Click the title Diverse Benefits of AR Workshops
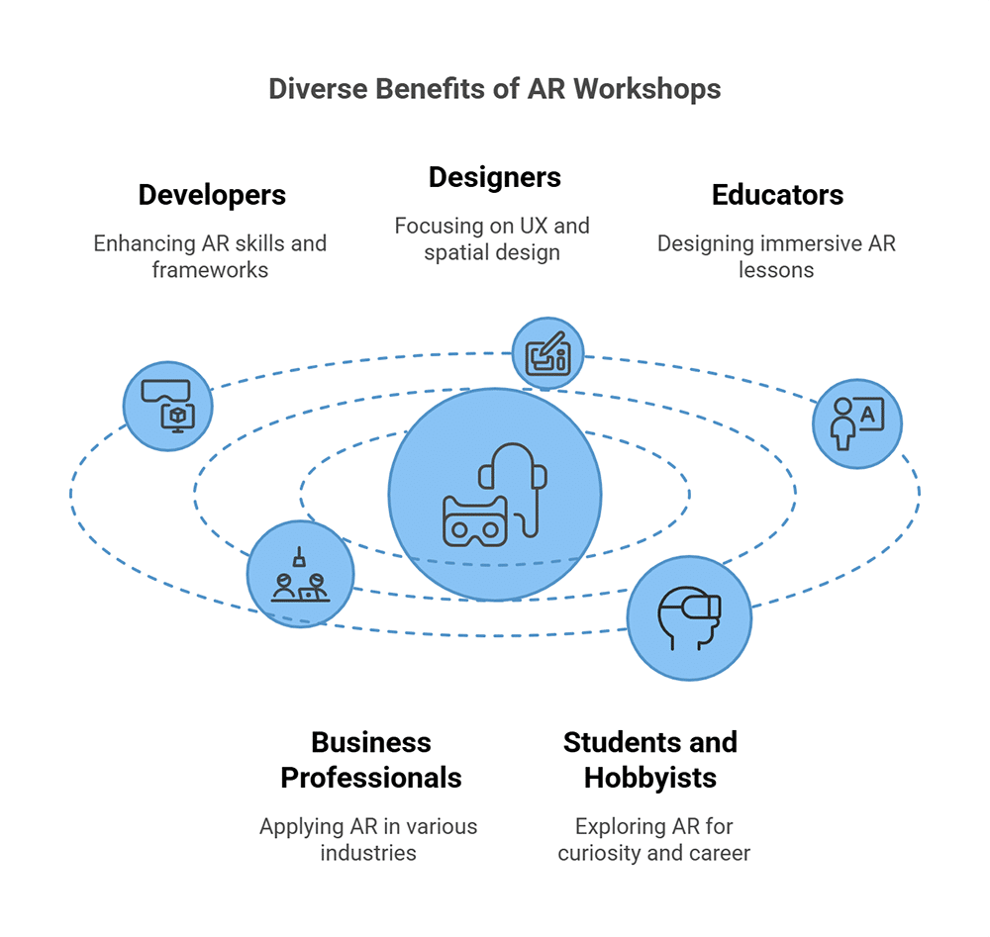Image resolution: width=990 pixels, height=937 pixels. click(494, 89)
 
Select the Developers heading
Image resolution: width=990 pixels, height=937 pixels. click(212, 195)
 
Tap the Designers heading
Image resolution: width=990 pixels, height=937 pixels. click(494, 177)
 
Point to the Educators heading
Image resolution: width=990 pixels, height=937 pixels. click(777, 195)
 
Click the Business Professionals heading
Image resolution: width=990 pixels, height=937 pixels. click(370, 760)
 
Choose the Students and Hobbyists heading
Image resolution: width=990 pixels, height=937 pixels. click(649, 760)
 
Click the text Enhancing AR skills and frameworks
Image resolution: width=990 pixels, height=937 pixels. click(210, 255)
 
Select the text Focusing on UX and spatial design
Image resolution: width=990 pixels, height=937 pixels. click(492, 238)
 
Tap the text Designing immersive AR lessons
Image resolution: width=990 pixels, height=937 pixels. click(776, 255)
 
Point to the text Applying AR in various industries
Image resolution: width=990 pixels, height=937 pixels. click(368, 838)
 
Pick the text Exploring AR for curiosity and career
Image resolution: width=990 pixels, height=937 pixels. click(653, 838)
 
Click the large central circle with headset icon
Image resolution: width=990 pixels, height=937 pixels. click(495, 494)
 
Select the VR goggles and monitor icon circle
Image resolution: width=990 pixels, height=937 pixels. click(168, 406)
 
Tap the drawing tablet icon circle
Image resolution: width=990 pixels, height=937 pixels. click(547, 353)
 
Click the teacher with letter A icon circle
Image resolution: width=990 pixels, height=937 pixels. click(856, 423)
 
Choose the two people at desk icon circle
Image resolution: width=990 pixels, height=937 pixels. click(300, 575)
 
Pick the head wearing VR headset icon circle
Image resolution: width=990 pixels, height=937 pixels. click(689, 618)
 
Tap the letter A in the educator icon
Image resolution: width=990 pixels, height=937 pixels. click(868, 416)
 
